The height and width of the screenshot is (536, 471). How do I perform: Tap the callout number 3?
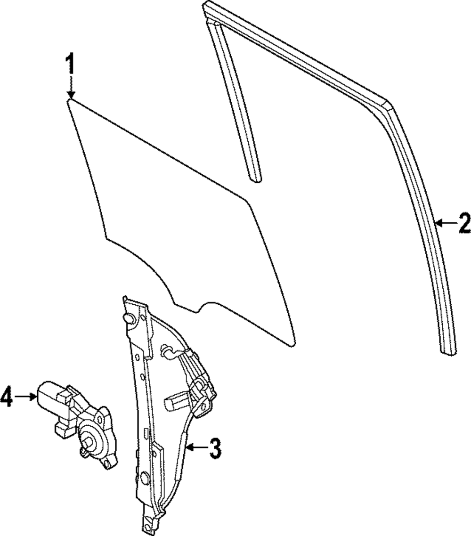(x=214, y=448)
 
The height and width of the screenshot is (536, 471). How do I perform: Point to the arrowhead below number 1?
(x=70, y=94)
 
